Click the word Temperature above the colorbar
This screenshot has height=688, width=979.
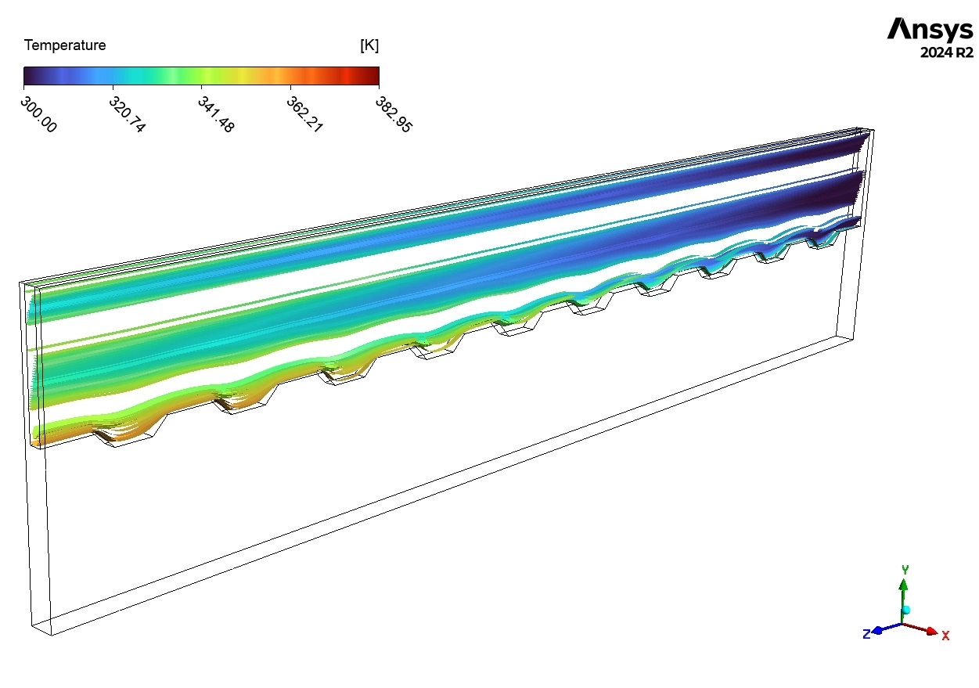tap(65, 45)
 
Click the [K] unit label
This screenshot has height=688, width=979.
tap(369, 45)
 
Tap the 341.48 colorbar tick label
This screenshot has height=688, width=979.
tap(216, 114)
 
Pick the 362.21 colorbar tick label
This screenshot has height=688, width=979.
tap(304, 114)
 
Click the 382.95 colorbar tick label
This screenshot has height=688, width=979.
tap(393, 114)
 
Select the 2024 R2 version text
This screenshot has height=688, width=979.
tap(946, 53)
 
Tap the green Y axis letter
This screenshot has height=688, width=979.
tap(905, 569)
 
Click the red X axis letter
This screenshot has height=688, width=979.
tap(945, 636)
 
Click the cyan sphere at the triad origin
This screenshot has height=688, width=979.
tap(906, 609)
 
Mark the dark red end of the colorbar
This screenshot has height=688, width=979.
tap(375, 75)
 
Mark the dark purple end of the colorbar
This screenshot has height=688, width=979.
tap(27, 75)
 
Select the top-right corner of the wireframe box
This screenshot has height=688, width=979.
tap(873, 129)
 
